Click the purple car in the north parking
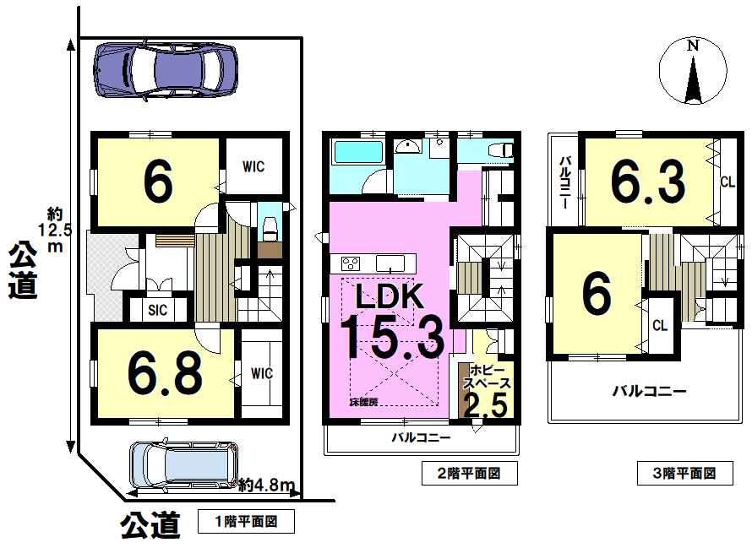(166, 70)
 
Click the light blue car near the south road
(184, 464)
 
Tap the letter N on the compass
(693, 46)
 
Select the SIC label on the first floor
(158, 310)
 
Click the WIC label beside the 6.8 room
(262, 373)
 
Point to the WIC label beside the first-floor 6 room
(253, 166)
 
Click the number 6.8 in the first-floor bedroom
(166, 372)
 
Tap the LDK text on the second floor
(390, 296)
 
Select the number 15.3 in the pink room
(393, 335)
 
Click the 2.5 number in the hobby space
(485, 405)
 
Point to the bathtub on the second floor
(358, 152)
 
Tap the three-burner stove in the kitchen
(351, 263)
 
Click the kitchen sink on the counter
(390, 263)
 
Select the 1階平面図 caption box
(246, 522)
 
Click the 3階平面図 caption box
(685, 474)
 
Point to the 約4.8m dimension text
(266, 486)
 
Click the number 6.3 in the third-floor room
(647, 182)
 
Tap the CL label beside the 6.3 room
(727, 182)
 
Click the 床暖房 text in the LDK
(363, 402)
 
